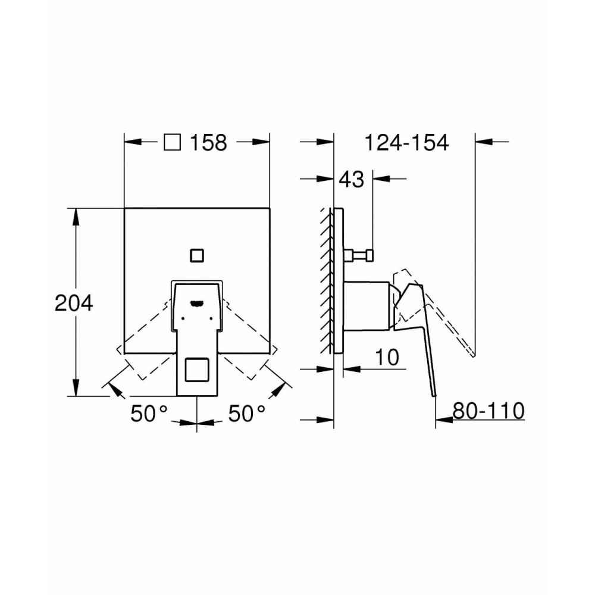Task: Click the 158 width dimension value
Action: pyautogui.click(x=208, y=143)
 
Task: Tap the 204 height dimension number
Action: pyautogui.click(x=74, y=303)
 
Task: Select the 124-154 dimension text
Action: pyautogui.click(x=406, y=143)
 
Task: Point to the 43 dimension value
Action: pyautogui.click(x=351, y=179)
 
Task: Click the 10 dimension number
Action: pyautogui.click(x=387, y=358)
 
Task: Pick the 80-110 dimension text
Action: pyautogui.click(x=488, y=411)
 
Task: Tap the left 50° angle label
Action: pyautogui.click(x=149, y=414)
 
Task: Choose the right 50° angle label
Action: pyautogui.click(x=247, y=414)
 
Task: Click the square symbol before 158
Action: pyautogui.click(x=172, y=142)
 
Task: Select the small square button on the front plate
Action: pyautogui.click(x=197, y=255)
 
